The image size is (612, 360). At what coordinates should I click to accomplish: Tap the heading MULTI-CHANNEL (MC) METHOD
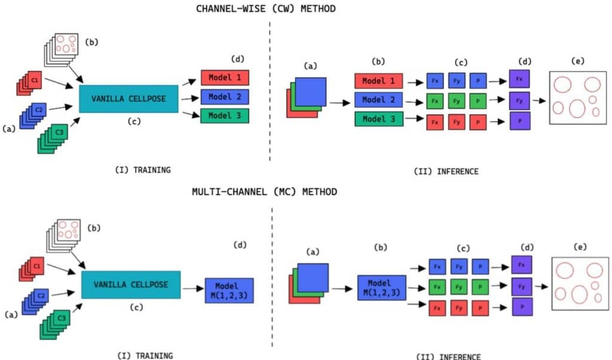(x=264, y=192)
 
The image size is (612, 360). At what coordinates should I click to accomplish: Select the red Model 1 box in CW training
(x=224, y=78)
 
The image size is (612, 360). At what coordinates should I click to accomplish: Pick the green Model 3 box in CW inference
(x=378, y=119)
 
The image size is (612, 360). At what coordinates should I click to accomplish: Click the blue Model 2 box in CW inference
(x=378, y=100)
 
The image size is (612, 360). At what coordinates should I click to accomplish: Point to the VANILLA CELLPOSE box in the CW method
(x=128, y=99)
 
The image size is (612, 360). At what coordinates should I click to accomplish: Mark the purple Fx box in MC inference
(x=522, y=264)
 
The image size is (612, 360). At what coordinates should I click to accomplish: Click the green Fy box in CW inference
(x=457, y=100)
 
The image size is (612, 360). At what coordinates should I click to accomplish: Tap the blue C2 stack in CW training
(x=36, y=112)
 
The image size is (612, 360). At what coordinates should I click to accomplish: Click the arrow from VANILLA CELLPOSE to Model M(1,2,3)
(x=192, y=288)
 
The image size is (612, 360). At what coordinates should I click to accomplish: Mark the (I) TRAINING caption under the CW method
(x=143, y=170)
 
